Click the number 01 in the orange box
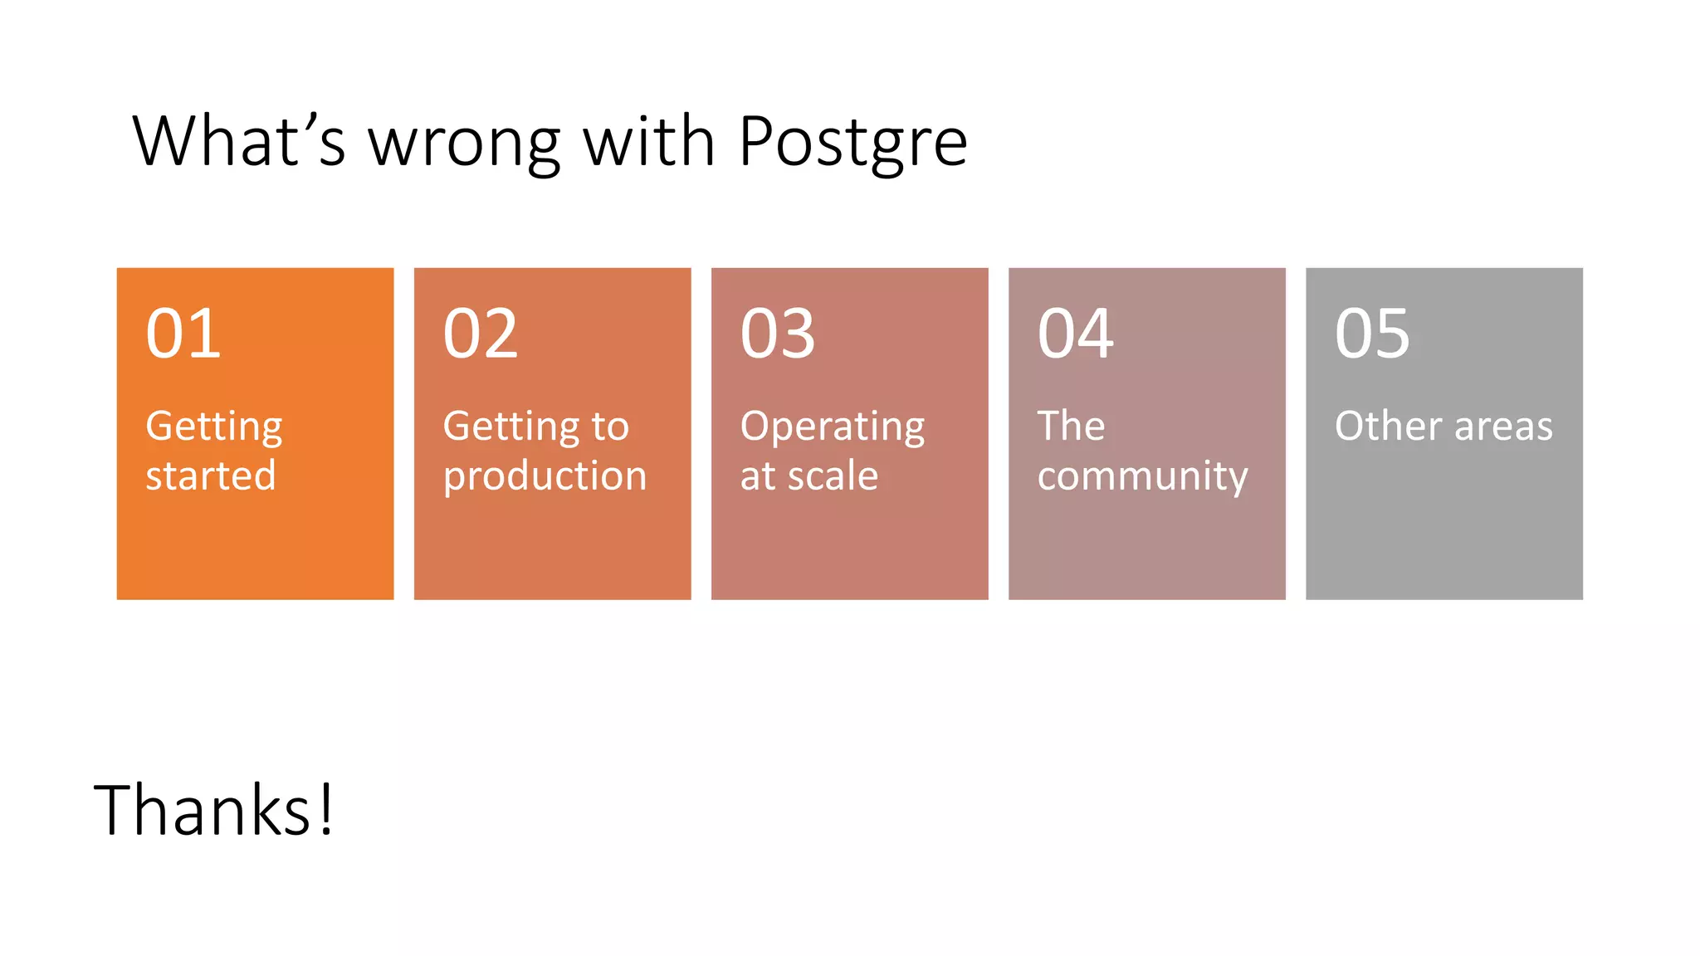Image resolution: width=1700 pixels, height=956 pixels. pyautogui.click(x=183, y=334)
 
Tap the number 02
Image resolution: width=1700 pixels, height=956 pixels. pyautogui.click(x=481, y=334)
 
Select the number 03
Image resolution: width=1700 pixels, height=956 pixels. pyautogui.click(x=778, y=334)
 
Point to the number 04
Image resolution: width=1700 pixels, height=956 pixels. pyautogui.click(x=1075, y=334)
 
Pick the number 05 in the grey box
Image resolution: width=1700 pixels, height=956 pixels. pyautogui.click(x=1372, y=334)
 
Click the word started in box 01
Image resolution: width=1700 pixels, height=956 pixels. pyautogui.click(x=211, y=476)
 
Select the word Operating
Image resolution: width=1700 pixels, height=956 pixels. pyautogui.click(x=833, y=428)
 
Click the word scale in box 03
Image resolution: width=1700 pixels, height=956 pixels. pyautogui.click(x=833, y=476)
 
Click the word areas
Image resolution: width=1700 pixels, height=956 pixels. pyautogui.click(x=1503, y=427)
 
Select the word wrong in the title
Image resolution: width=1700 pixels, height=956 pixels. pyautogui.click(x=464, y=143)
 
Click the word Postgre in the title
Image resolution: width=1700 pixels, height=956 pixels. pyautogui.click(x=852, y=143)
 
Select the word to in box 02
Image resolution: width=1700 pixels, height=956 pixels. pyautogui.click(x=610, y=427)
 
